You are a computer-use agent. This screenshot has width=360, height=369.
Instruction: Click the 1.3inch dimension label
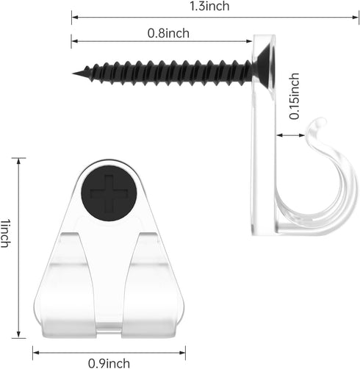coord(209,6)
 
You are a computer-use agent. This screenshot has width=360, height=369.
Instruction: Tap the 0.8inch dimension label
coord(168,33)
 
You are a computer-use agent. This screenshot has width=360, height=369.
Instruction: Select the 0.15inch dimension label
coord(294,96)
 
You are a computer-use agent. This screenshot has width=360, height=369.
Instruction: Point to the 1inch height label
coord(5,233)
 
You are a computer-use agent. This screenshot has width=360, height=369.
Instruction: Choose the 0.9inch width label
coord(109,363)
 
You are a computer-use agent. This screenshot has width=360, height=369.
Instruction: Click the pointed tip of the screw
coord(73,74)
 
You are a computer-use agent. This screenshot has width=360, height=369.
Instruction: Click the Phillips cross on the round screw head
coord(109,193)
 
